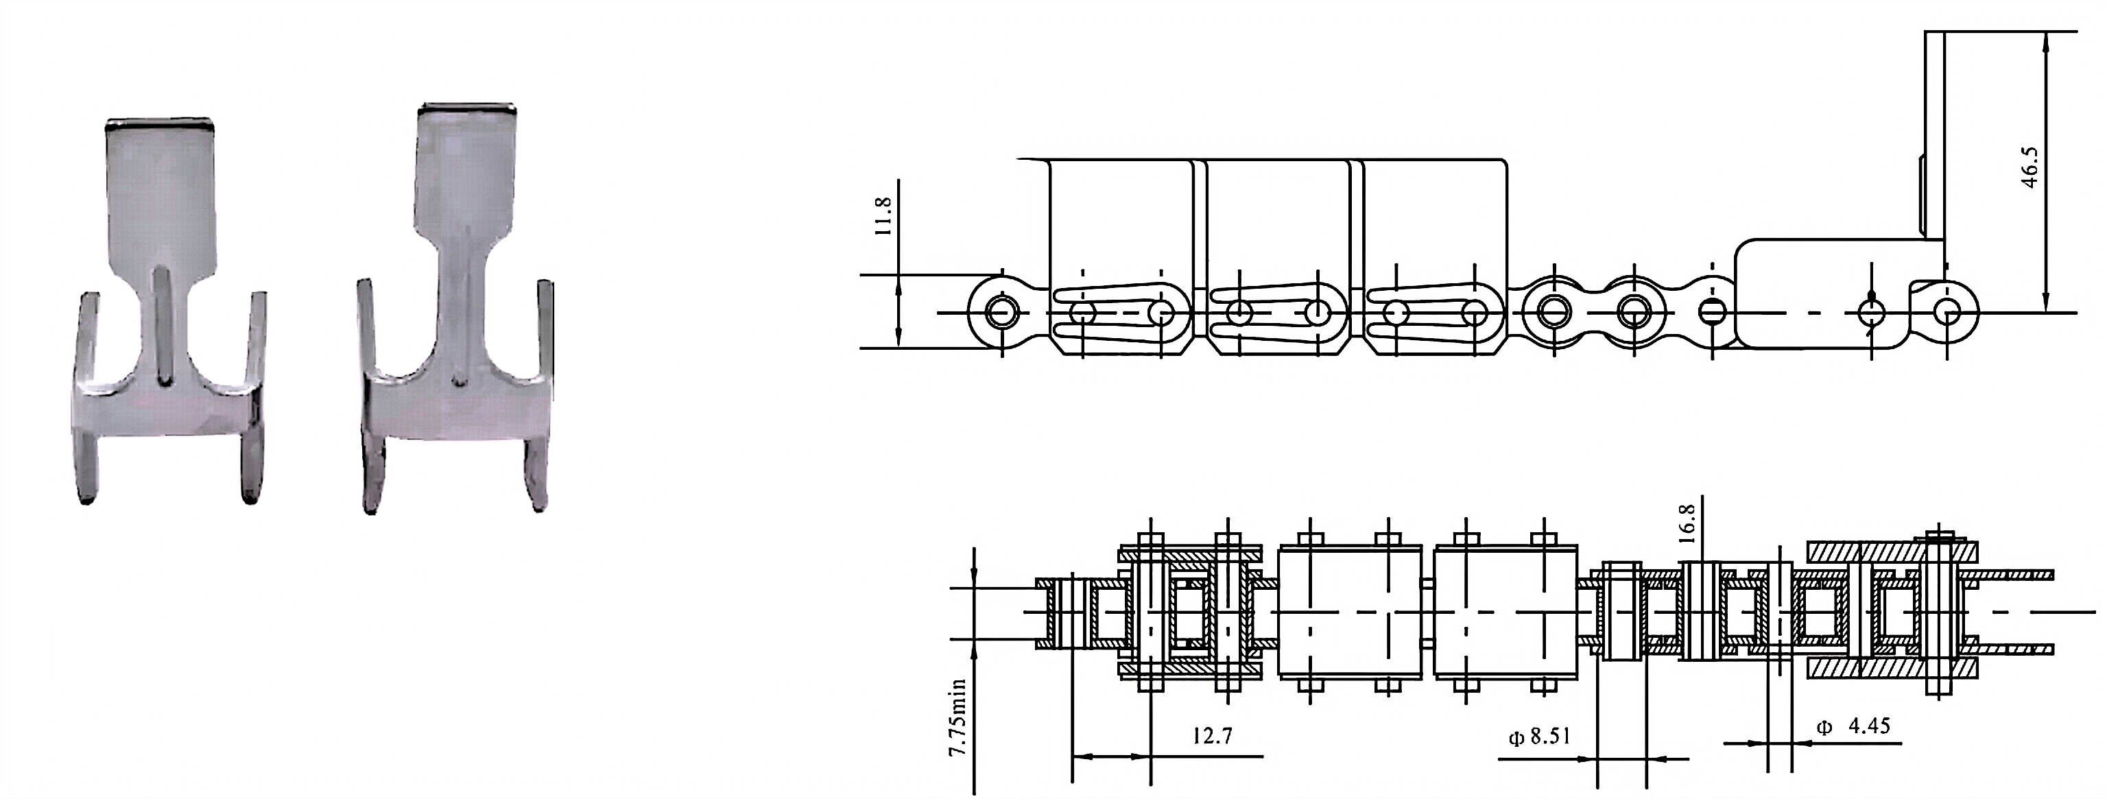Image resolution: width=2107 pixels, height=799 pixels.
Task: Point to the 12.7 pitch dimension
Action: pyautogui.click(x=1211, y=735)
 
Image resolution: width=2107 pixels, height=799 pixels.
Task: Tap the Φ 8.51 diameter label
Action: pyautogui.click(x=1539, y=736)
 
